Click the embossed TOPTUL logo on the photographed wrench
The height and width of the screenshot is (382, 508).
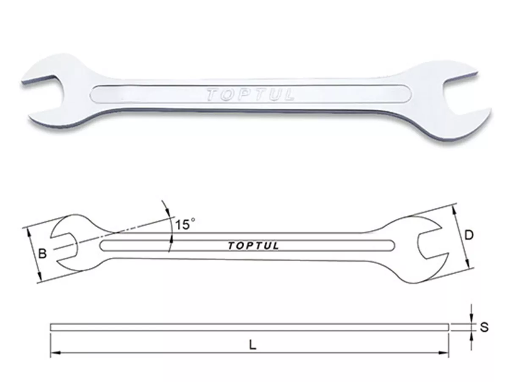(250, 95)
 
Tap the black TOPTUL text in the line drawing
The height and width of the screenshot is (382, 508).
(253, 246)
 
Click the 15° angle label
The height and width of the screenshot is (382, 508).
(185, 224)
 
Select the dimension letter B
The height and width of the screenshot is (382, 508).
(42, 254)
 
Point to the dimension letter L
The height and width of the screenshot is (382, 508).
(252, 345)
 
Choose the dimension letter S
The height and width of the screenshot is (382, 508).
(485, 327)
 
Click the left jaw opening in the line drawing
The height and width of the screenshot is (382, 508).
(63, 246)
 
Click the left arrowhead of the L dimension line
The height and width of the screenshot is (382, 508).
(54, 352)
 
